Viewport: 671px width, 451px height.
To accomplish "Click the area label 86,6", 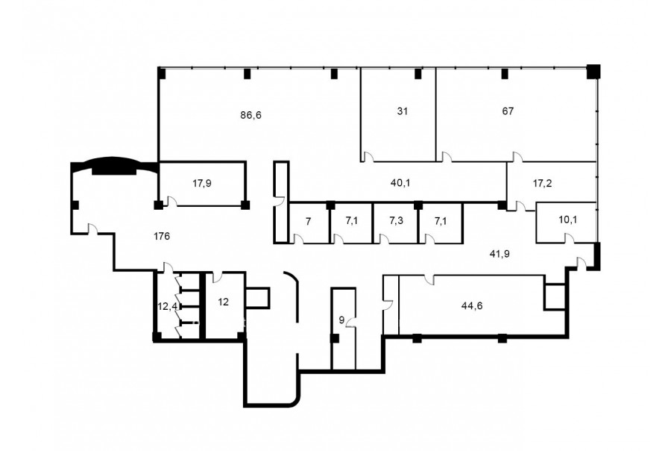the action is (x=251, y=115).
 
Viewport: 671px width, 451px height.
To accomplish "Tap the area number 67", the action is (x=508, y=111).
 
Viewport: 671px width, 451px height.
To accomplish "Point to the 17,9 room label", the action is (x=202, y=184).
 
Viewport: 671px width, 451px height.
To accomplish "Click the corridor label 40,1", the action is (x=400, y=183).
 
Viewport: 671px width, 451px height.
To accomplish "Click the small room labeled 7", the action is (x=308, y=222).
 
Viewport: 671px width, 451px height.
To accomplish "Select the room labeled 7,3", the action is (x=396, y=221).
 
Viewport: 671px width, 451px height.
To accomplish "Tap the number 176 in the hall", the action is (x=162, y=236).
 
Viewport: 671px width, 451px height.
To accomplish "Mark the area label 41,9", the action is (x=500, y=254).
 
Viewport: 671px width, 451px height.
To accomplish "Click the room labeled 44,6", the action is (x=472, y=305).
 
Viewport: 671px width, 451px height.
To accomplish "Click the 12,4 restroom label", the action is (x=167, y=307).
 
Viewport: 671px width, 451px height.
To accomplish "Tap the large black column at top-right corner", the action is (x=593, y=71).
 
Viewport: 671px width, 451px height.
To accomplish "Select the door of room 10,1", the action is (x=570, y=238).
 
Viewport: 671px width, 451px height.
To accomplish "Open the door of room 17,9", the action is (x=172, y=202).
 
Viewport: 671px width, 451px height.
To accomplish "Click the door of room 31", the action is (x=368, y=157).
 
